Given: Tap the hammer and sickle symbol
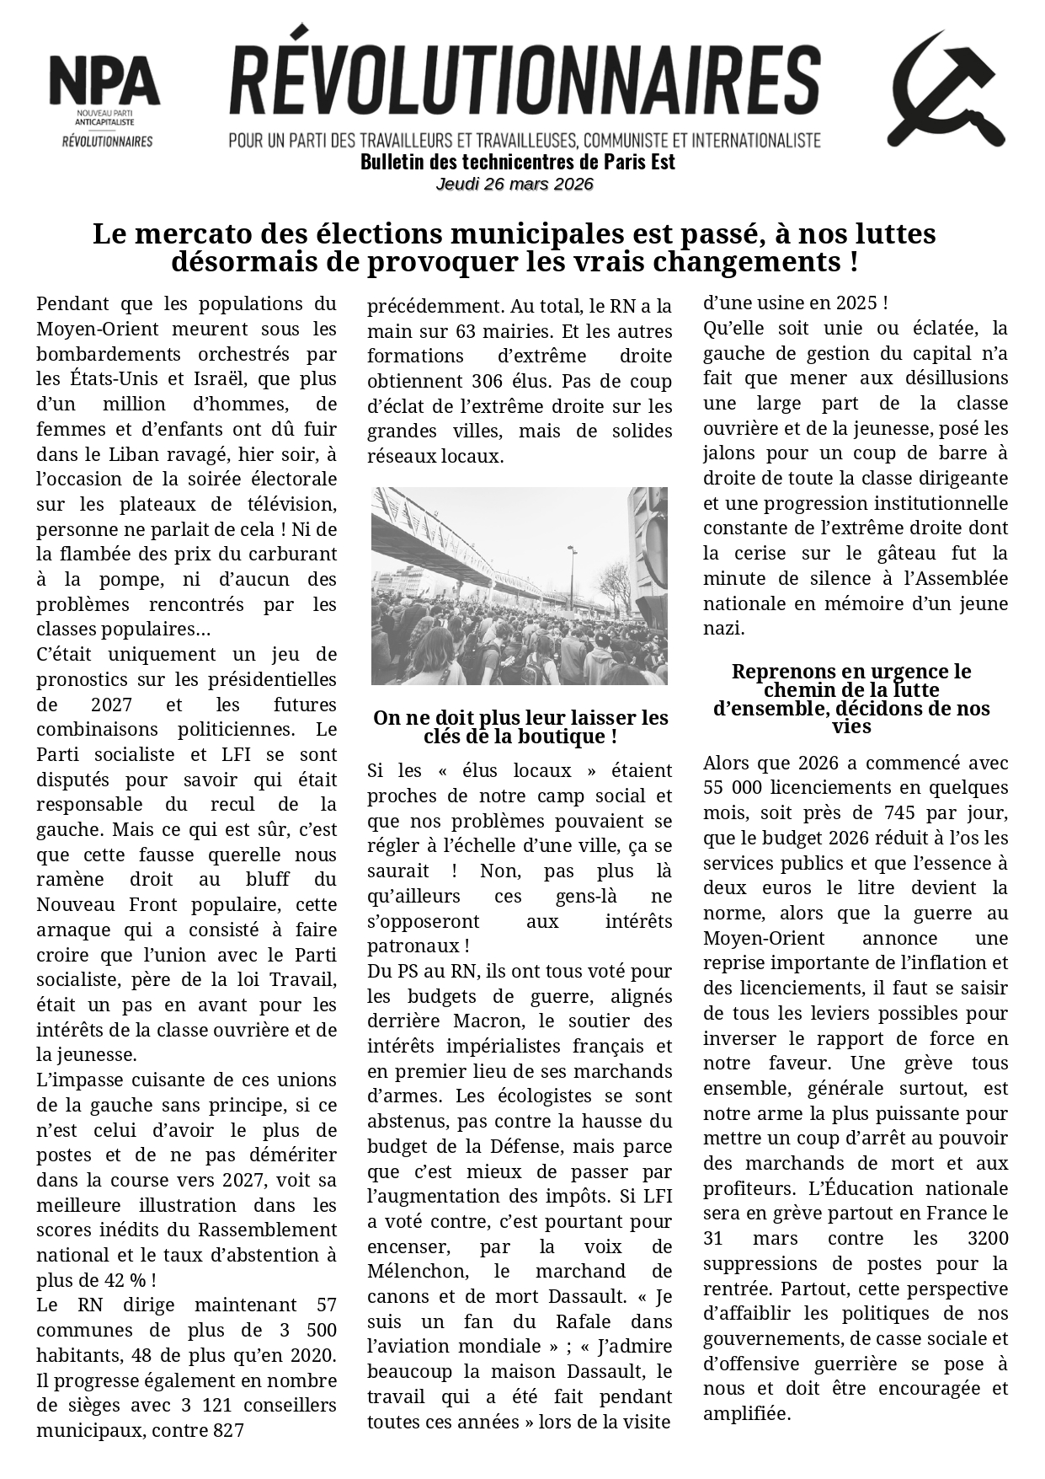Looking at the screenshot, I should pos(946,89).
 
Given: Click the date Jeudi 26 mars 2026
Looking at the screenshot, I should pos(515,184).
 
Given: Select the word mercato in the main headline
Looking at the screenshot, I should pos(192,233).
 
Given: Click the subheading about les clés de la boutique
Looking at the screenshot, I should pos(520,727).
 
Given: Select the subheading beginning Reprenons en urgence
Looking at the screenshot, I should pos(851,699).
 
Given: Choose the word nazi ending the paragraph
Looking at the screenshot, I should pos(722,628).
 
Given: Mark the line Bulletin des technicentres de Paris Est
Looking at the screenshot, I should pos(517,162).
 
